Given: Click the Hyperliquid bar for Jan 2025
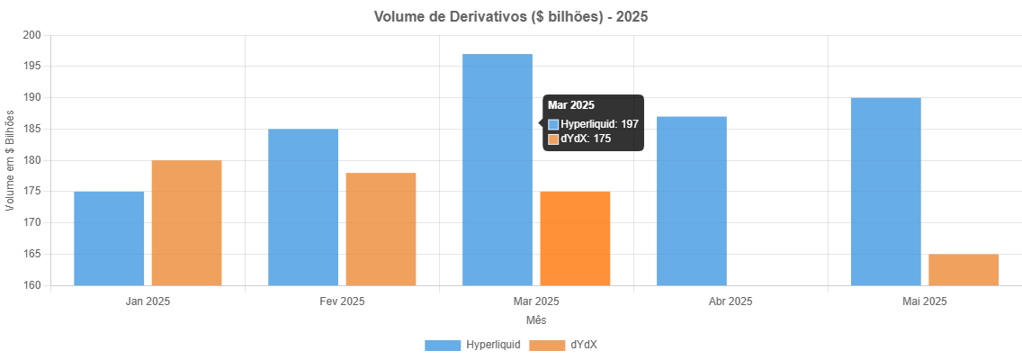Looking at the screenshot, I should pos(109,238).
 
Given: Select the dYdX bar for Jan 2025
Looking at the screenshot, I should pos(186,223).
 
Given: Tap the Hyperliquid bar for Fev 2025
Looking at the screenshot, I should pos(303,207).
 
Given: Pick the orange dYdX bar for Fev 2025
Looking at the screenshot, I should pos(381,229).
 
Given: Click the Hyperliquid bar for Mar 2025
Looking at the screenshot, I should pos(498,170).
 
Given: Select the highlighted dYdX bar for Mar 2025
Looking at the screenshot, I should pos(575,238).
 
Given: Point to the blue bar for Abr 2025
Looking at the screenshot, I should pos(692,201).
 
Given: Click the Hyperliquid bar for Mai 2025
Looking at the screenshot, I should pos(885,192).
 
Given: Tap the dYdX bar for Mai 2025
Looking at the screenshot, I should pos(964,270).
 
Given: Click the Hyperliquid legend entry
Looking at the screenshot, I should pos(472,345).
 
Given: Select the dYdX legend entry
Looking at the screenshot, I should pos(563,345).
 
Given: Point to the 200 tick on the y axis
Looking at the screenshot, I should pos(32,35).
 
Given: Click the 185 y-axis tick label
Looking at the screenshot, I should pos(32,129).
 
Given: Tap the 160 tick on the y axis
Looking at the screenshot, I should pos(32,285).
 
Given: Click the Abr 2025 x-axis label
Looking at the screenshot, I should pos(730,301).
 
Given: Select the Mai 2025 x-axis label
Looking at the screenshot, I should pos(924,301).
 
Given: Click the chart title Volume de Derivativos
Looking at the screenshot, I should pos(510,17).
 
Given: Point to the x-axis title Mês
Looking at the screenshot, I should pos(535,319).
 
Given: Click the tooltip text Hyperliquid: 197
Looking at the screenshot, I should pos(599,124).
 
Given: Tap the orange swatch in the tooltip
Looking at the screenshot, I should pos(553,139).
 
